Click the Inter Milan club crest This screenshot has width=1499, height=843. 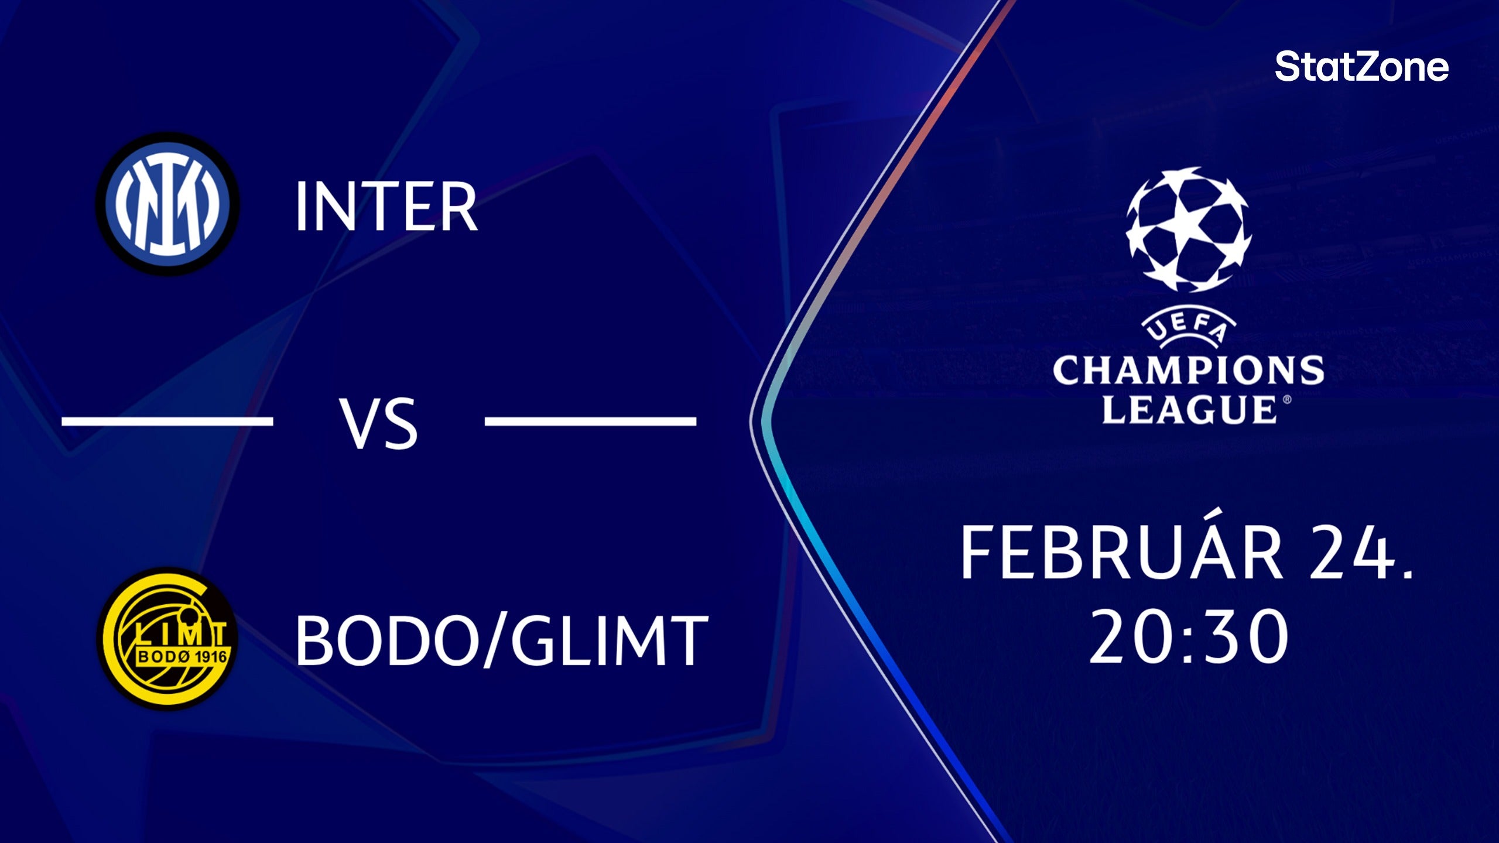click(x=167, y=204)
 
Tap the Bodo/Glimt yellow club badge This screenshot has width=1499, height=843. click(x=167, y=639)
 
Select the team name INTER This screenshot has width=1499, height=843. click(x=386, y=207)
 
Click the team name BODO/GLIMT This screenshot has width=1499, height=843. click(x=501, y=640)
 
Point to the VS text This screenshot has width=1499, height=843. click(x=379, y=423)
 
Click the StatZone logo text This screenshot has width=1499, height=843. click(x=1361, y=67)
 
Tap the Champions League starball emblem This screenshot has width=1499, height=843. click(x=1188, y=229)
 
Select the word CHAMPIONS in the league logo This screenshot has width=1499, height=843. click(x=1188, y=370)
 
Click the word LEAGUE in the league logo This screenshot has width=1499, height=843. click(x=1189, y=409)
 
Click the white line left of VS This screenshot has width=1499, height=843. click(x=167, y=420)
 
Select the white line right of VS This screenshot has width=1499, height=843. click(x=590, y=420)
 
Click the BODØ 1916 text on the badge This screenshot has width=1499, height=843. click(x=182, y=656)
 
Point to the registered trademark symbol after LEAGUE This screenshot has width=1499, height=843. click(x=1286, y=400)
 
